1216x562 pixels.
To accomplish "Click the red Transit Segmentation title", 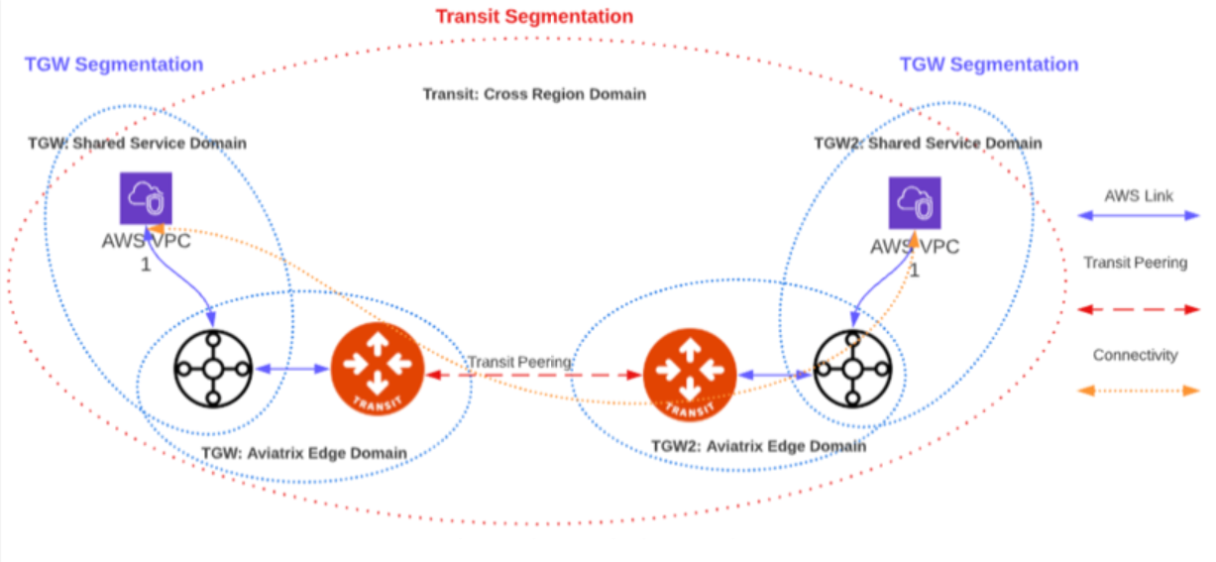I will tap(534, 17).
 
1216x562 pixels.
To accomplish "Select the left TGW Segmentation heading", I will tap(114, 64).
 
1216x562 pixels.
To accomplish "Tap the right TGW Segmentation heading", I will tap(988, 64).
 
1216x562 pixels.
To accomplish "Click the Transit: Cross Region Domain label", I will tap(534, 94).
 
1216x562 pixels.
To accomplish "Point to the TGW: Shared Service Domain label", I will tap(137, 144).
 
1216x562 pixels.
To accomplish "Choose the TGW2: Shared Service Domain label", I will tap(928, 144).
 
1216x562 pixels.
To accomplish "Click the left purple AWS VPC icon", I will tap(146, 198).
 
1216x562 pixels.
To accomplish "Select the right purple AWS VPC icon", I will tap(914, 203).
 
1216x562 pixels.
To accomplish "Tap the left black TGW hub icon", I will tap(212, 368).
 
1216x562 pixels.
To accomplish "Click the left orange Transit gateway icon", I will tap(377, 370).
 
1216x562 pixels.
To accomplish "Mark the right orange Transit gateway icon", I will tap(690, 374).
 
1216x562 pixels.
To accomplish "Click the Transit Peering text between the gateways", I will tap(520, 362).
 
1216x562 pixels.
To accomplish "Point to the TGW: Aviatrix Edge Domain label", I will tap(304, 453).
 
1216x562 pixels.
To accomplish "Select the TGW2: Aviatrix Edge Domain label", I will tap(758, 446).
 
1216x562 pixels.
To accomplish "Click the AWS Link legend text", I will tap(1139, 196).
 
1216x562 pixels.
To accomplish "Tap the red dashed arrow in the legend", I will tap(1138, 309).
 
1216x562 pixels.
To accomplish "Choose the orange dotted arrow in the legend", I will tap(1138, 391).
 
